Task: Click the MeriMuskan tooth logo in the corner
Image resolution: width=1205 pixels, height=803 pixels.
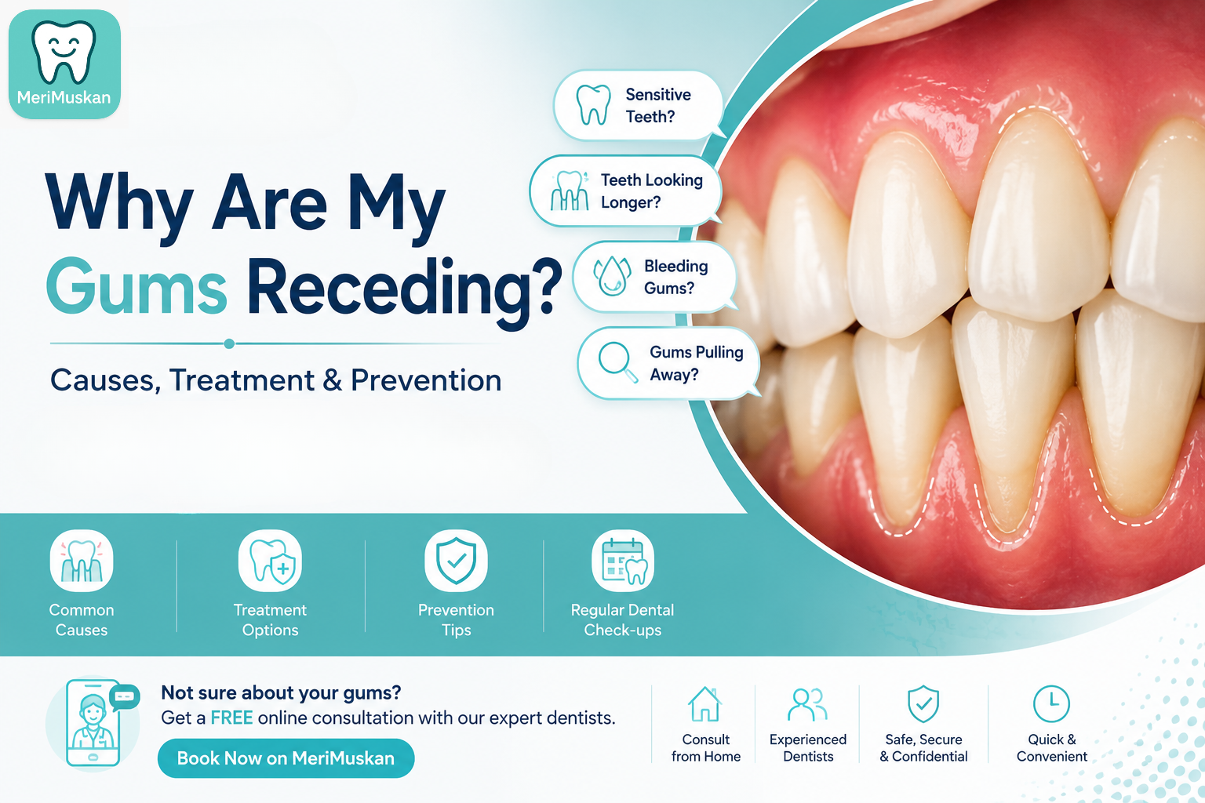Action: (64, 64)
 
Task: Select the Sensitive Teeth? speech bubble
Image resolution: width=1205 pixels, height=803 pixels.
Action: (639, 105)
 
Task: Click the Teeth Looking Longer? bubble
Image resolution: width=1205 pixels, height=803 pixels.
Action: (625, 191)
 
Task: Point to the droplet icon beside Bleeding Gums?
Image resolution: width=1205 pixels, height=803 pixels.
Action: (612, 276)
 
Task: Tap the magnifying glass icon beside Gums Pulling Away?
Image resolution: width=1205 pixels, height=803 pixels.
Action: (618, 362)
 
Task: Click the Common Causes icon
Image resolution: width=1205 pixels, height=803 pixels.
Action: (82, 561)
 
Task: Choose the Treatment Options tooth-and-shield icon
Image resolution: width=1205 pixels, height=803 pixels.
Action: (270, 561)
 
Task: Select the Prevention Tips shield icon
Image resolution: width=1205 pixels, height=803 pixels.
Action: (456, 561)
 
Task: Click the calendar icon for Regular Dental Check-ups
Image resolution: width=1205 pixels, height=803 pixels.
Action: (623, 561)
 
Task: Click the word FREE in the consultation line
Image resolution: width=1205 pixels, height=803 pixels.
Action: (231, 718)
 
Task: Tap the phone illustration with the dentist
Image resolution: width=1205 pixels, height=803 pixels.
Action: (93, 723)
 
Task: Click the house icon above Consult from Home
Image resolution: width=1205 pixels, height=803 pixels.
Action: (704, 704)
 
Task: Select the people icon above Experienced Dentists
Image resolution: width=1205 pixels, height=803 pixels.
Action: (807, 704)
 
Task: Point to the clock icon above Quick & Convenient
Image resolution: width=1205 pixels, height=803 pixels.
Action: (1051, 703)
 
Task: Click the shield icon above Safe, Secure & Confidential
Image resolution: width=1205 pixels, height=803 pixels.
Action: (923, 704)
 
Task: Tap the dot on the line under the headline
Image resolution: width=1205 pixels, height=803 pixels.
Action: (229, 343)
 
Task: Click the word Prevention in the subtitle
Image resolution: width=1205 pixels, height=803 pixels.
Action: (426, 380)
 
